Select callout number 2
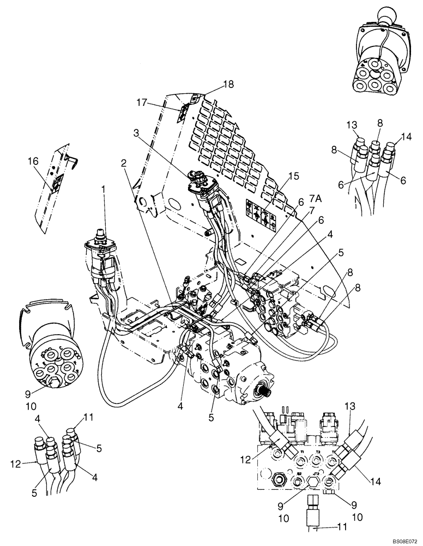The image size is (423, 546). pyautogui.click(x=124, y=163)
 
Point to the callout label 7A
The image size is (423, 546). pyautogui.click(x=316, y=197)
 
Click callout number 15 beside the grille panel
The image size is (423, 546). pyautogui.click(x=295, y=176)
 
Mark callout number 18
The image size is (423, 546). pyautogui.click(x=227, y=85)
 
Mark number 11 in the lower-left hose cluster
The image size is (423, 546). pyautogui.click(x=88, y=418)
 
